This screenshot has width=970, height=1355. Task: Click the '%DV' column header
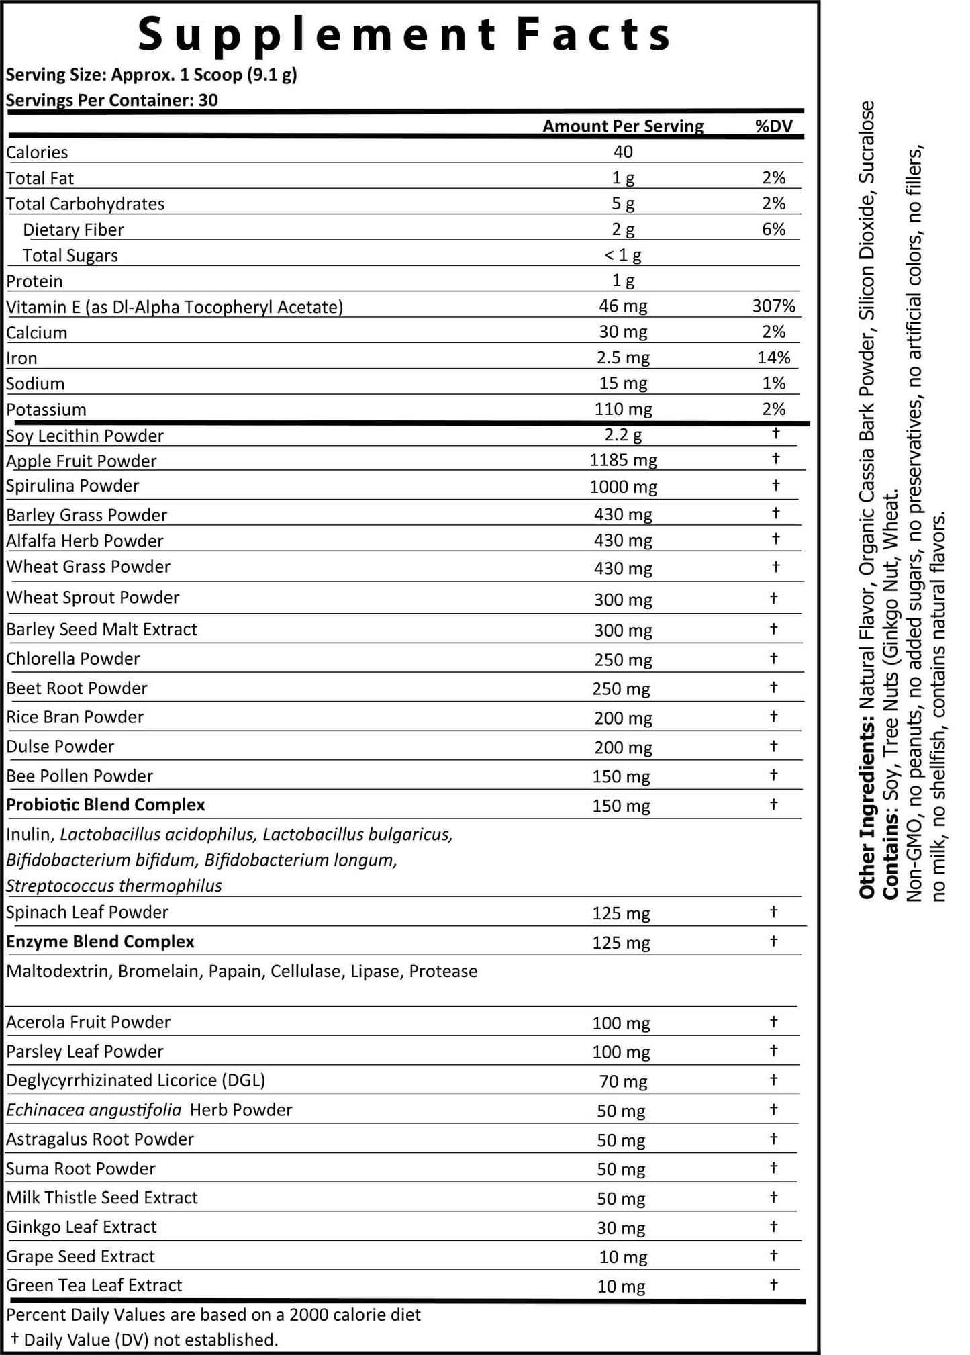pos(773,126)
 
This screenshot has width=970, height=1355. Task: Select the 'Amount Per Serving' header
pos(622,126)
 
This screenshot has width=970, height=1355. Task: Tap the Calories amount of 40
pos(622,152)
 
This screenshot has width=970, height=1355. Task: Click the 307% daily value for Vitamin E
pos(773,307)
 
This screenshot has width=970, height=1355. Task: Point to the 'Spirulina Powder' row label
pos(72,486)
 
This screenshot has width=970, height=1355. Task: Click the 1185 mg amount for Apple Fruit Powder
pos(622,461)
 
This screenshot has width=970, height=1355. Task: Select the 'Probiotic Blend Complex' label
pos(105,805)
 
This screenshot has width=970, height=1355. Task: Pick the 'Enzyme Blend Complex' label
pos(100,942)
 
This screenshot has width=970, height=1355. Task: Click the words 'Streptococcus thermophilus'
pos(114,886)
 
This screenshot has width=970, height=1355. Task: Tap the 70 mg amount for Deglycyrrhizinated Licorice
pos(622,1082)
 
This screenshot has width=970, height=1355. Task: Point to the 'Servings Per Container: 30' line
pos(112,101)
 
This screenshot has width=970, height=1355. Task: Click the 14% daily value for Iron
pos(773,358)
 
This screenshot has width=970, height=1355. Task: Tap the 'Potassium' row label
pos(46,410)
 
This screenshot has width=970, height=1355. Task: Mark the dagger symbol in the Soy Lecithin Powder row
pos(775,433)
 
